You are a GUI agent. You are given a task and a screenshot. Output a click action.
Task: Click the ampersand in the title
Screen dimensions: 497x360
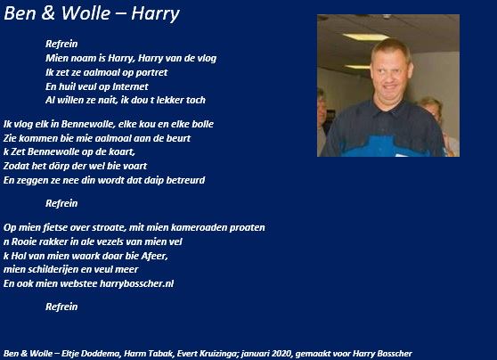click(48, 13)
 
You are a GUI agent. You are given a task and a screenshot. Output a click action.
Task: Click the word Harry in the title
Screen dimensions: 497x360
click(155, 14)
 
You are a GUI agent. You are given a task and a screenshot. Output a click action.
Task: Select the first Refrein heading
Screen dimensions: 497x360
click(61, 44)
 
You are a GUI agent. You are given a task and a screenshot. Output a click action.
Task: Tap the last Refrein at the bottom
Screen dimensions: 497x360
click(61, 307)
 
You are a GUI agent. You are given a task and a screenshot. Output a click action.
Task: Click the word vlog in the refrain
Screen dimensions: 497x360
click(207, 58)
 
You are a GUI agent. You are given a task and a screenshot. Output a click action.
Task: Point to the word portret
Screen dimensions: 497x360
click(151, 73)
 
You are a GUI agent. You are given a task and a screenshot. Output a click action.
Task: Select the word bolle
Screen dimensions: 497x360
click(203, 124)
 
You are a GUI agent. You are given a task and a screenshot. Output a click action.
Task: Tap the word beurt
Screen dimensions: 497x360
click(179, 138)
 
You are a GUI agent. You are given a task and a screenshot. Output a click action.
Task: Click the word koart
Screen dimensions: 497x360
click(123, 151)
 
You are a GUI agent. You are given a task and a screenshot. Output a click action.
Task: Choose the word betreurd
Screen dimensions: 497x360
click(186, 180)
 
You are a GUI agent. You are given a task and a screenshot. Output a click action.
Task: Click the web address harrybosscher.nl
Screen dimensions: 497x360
click(136, 283)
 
